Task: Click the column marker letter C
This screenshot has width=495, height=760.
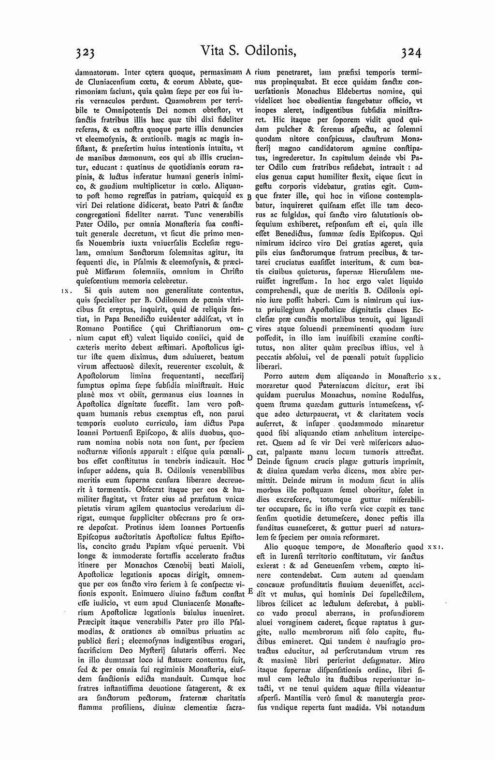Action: pyautogui.click(x=249, y=330)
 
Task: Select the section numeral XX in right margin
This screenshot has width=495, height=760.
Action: pyautogui.click(x=433, y=376)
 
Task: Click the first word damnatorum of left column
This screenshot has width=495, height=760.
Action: pyautogui.click(x=94, y=72)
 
